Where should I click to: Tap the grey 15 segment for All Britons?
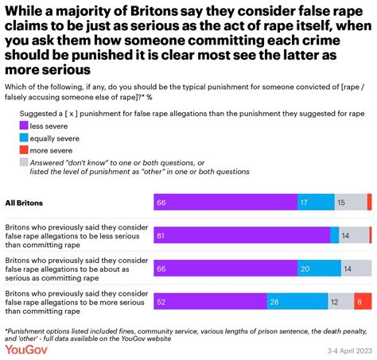(x=350, y=203)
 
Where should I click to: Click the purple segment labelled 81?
(x=242, y=235)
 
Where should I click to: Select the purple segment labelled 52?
(x=210, y=301)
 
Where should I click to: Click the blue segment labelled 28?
(x=297, y=301)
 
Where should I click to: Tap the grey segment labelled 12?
(x=340, y=301)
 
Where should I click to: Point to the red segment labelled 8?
(x=363, y=301)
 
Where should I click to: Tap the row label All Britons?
(x=25, y=203)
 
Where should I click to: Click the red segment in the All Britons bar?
(x=369, y=203)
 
